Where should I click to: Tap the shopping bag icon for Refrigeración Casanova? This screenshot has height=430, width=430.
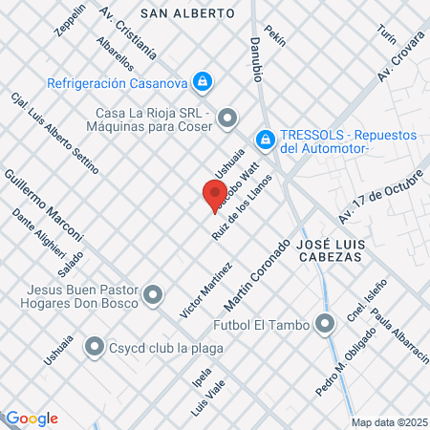pyautogui.click(x=202, y=83)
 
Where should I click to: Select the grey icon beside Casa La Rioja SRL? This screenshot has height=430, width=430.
pyautogui.click(x=226, y=119)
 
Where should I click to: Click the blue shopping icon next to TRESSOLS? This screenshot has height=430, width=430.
pyautogui.click(x=267, y=140)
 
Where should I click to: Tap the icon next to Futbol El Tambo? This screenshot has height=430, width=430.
pyautogui.click(x=327, y=325)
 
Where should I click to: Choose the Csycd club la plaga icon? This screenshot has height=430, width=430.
pyautogui.click(x=95, y=347)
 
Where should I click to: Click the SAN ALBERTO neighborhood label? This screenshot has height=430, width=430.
pyautogui.click(x=187, y=14)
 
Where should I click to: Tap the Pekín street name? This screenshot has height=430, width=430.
pyautogui.click(x=275, y=37)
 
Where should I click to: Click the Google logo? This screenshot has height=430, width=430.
pyautogui.click(x=32, y=418)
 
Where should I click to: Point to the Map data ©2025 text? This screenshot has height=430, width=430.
pyautogui.click(x=389, y=421)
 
